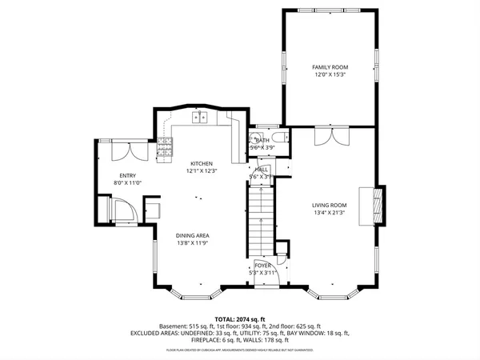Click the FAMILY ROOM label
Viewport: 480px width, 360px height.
[330, 66]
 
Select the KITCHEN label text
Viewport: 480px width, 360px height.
[201, 162]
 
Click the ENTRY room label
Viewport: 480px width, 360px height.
[128, 176]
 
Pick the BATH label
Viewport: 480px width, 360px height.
[262, 140]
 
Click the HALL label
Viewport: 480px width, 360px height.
[262, 170]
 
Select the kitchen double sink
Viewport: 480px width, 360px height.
[199, 118]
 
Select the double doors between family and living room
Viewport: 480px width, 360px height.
[330, 136]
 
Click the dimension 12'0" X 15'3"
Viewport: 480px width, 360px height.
[330, 74]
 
